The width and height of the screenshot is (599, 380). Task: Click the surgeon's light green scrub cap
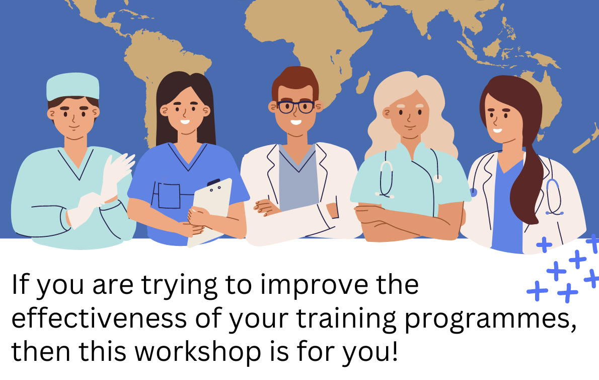[72, 86]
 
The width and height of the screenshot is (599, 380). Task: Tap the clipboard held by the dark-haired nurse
[211, 212]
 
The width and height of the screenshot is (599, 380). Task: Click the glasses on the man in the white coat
[295, 107]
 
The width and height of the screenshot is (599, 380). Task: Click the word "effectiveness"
[99, 318]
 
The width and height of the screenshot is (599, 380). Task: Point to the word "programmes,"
[490, 320]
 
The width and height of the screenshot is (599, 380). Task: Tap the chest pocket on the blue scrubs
[169, 196]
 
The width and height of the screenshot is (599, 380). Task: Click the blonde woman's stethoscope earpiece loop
[386, 180]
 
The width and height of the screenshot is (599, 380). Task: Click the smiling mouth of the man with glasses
[296, 122]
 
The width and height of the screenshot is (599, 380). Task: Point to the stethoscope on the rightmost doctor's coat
[553, 196]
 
